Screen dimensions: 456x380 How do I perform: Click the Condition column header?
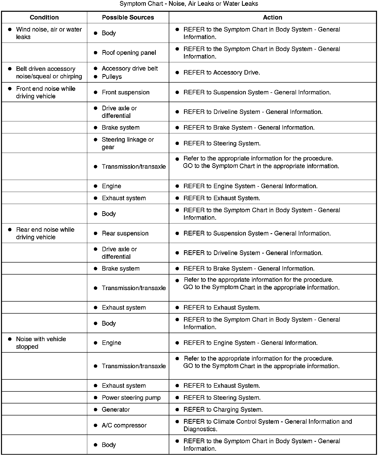(44, 17)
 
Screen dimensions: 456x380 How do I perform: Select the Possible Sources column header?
(128, 17)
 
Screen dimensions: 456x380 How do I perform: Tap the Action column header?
(272, 17)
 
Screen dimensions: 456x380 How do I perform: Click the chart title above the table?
(189, 4)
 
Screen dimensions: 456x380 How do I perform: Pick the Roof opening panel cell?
(129, 53)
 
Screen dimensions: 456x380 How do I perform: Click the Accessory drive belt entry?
(129, 69)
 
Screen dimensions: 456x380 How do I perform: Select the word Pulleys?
(112, 77)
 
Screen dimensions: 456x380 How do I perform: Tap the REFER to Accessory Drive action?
(221, 73)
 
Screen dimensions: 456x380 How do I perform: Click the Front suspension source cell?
(125, 92)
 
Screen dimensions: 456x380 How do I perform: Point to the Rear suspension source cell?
(125, 233)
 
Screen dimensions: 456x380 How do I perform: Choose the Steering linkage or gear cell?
(127, 143)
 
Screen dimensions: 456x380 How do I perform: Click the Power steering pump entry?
(131, 398)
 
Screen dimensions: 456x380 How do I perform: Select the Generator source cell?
(116, 409)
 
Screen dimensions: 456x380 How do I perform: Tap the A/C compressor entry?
(124, 425)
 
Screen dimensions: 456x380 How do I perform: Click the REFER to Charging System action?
(223, 409)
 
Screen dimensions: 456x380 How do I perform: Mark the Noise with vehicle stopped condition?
(41, 343)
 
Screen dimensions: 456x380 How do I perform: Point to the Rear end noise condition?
(45, 233)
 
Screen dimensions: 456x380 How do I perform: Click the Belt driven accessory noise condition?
(49, 73)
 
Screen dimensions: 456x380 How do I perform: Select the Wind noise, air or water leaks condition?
(49, 33)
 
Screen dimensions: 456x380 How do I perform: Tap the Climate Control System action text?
(267, 425)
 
